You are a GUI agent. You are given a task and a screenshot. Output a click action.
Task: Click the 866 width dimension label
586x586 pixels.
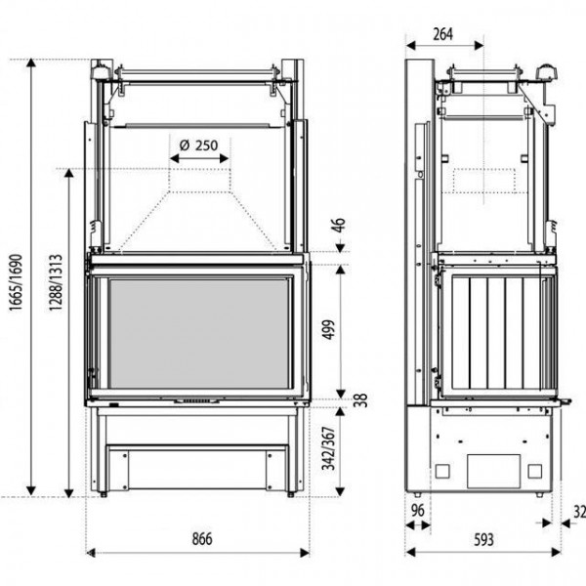[202, 539]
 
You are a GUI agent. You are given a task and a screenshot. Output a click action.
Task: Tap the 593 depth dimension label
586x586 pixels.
[483, 540]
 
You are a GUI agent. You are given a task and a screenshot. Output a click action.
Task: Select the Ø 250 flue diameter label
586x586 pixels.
[198, 145]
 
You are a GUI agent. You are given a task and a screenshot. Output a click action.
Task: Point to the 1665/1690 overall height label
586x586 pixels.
[16, 282]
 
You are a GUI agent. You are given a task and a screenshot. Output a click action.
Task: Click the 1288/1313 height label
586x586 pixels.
[55, 282]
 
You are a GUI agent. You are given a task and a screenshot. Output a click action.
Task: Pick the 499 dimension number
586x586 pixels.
[328, 330]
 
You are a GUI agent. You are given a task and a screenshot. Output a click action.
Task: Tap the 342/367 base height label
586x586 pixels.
[329, 448]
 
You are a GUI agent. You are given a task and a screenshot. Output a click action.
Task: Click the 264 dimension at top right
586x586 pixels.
[442, 34]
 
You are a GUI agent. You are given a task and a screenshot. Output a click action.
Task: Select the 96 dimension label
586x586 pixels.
[417, 511]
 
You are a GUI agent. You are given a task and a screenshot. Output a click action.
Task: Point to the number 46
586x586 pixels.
[339, 226]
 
